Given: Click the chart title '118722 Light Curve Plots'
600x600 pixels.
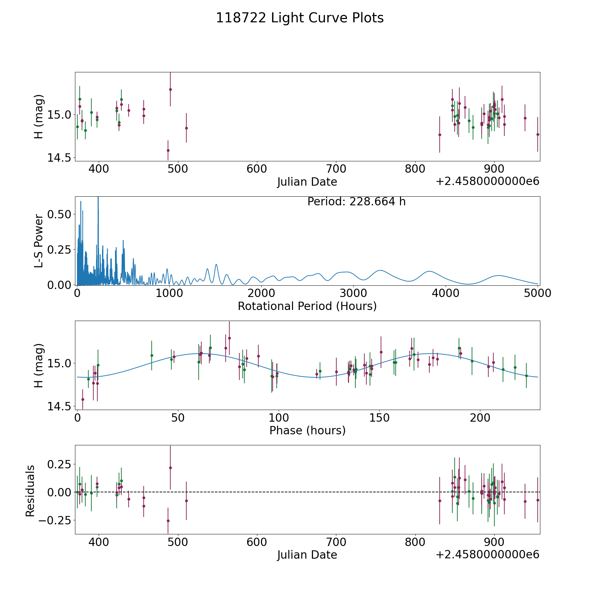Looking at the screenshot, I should tap(300, 18).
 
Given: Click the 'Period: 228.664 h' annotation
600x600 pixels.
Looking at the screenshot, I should tap(356, 202).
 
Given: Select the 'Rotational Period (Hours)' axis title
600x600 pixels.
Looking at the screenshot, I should tap(307, 306).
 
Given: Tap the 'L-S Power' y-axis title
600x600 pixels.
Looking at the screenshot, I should tap(39, 241).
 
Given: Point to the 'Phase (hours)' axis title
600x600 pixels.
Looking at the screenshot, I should tap(307, 430).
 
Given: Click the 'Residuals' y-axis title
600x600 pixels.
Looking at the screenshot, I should tap(30, 491).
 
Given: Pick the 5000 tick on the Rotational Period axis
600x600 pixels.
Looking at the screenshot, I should tap(538, 293).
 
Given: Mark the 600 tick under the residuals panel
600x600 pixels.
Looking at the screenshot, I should tap(257, 542).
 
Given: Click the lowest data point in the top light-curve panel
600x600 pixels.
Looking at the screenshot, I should tap(168, 150).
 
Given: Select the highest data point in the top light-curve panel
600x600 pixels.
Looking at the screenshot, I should tap(170, 89).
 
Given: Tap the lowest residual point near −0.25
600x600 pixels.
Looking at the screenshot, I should tap(168, 521).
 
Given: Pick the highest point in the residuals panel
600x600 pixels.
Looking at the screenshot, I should tap(170, 468).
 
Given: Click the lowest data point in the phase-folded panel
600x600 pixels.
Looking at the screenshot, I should tap(83, 399).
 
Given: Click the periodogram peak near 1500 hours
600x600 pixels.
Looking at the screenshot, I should tap(216, 264).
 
